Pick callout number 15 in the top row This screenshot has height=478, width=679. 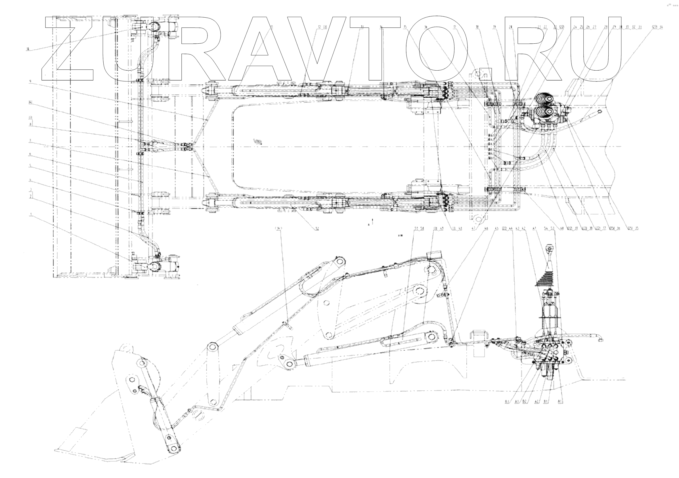coord(405,27)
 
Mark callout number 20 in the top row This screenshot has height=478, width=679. coord(510,27)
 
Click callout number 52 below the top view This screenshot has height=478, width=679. coord(317,229)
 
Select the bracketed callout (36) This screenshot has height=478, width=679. coord(278,228)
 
